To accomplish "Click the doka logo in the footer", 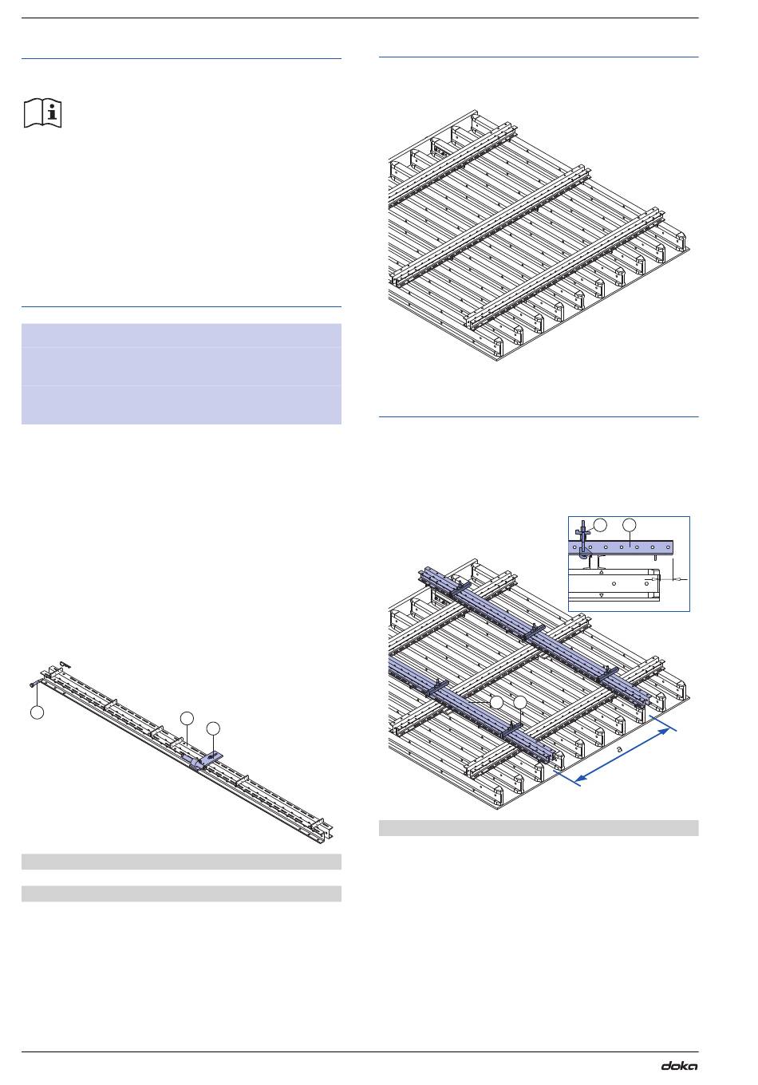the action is [679, 1066].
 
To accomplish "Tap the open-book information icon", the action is [42, 113].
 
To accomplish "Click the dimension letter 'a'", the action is [619, 749].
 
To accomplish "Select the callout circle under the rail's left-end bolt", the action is [38, 712].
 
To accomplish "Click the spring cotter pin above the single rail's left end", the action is [65, 664].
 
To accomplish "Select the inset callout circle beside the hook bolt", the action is [600, 525].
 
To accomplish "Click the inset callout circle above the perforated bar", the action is [630, 525].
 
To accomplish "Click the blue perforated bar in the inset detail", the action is [621, 547].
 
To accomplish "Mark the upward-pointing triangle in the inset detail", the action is [602, 572].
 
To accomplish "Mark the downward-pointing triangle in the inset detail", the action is [602, 595].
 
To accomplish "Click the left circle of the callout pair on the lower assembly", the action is [496, 703].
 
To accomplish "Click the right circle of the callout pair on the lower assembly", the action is [519, 703].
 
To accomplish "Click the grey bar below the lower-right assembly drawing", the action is [538, 828].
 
